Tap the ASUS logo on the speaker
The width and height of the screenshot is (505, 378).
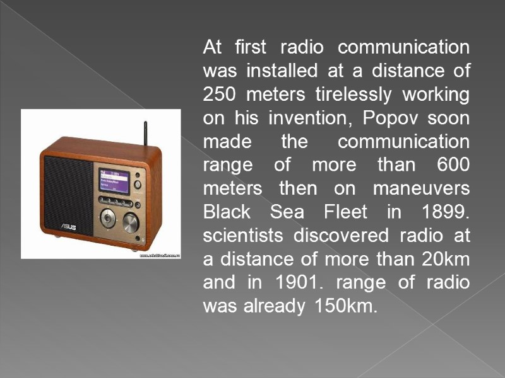point(68,225)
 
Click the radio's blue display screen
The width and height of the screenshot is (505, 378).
point(113,181)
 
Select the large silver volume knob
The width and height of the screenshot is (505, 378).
point(131,220)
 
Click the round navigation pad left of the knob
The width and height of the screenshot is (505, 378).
point(108,217)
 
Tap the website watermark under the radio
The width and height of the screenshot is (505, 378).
point(160,255)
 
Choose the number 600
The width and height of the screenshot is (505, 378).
point(453,164)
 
